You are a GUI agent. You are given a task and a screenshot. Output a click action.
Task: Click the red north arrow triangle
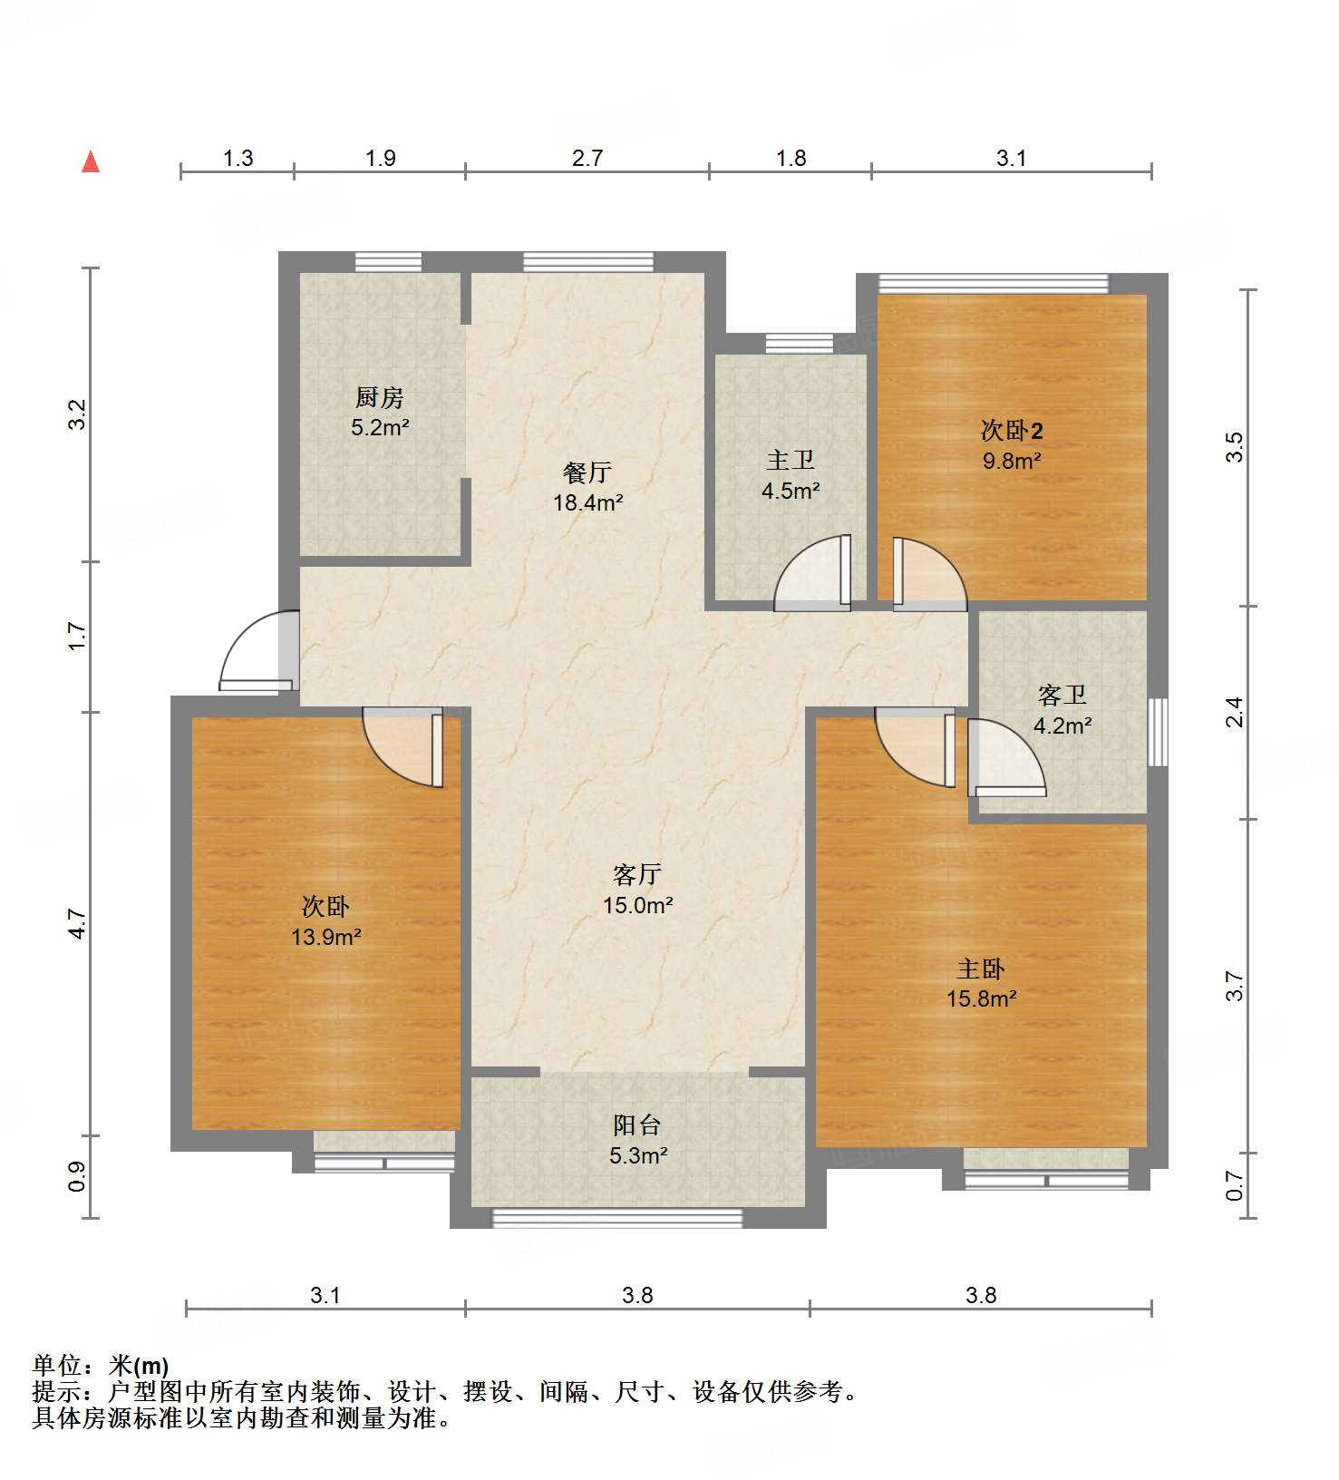pos(91,162)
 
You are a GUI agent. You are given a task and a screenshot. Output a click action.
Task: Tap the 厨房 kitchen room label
pos(379,397)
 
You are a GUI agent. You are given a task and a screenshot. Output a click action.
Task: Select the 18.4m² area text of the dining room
pos(588,501)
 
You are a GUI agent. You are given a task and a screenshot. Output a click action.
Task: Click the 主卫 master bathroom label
pos(791,461)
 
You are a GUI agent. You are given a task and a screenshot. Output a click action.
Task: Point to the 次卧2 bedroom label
pos(1012,430)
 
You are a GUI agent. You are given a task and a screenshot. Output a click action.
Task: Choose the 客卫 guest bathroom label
pos(1062,696)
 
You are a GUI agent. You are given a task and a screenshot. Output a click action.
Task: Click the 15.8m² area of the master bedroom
pos(981,999)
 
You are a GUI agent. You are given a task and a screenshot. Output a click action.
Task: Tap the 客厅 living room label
pos(637,874)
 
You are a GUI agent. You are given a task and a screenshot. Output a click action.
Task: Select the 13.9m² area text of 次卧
pos(326,937)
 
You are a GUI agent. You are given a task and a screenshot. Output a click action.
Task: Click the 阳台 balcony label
pos(637,1125)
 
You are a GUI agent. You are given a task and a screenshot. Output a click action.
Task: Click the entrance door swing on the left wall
pos(257,651)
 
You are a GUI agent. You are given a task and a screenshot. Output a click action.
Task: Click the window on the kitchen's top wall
pos(388,262)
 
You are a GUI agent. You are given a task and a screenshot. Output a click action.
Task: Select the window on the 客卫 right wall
pos(1158,732)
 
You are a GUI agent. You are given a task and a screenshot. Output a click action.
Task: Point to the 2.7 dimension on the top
pos(587,159)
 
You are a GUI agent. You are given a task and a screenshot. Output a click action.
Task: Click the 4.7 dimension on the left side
pos(78,923)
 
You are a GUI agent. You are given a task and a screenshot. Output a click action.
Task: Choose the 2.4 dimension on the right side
pos(1235,712)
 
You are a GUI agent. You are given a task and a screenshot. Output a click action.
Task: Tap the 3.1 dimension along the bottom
pos(325,1295)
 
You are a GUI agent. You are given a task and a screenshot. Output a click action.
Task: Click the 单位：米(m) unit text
pos(101,1365)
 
